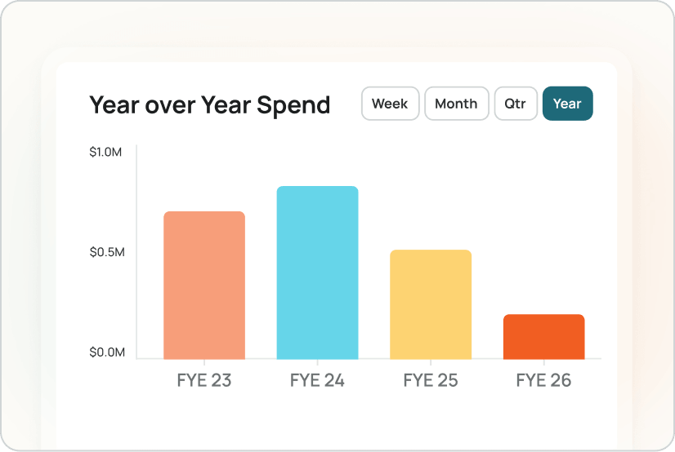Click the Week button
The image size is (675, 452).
pyautogui.click(x=390, y=104)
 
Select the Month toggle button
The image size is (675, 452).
pyautogui.click(x=456, y=104)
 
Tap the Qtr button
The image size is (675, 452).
pyautogui.click(x=516, y=104)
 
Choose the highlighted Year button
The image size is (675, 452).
pyautogui.click(x=567, y=104)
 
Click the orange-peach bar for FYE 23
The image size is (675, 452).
pyautogui.click(x=204, y=286)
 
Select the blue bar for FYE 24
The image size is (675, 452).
pyautogui.click(x=317, y=273)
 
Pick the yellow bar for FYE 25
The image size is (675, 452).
pyautogui.click(x=431, y=304)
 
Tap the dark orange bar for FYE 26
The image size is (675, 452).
pyautogui.click(x=543, y=337)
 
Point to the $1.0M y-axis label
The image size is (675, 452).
pyautogui.click(x=107, y=153)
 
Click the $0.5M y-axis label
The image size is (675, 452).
pyautogui.click(x=107, y=252)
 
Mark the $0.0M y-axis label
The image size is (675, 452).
pyautogui.click(x=107, y=352)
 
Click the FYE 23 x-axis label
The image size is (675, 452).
pyautogui.click(x=204, y=380)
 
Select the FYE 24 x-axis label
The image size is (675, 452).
pyautogui.click(x=317, y=380)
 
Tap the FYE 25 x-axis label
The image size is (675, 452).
pyautogui.click(x=431, y=380)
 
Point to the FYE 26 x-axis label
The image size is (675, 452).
pyautogui.click(x=543, y=380)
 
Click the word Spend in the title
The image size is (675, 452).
pyautogui.click(x=293, y=105)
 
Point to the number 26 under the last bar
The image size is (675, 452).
pyautogui.click(x=560, y=380)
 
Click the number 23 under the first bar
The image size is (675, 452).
pyautogui.click(x=221, y=380)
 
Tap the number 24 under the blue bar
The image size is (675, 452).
pyautogui.click(x=333, y=380)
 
